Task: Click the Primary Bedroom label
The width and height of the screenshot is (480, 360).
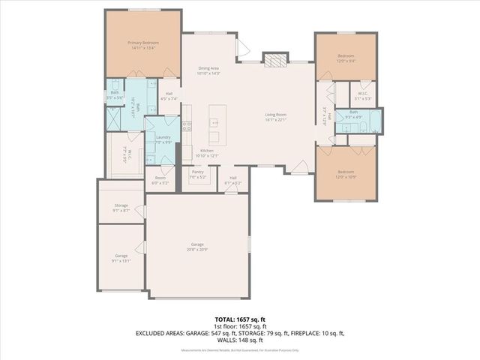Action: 141,43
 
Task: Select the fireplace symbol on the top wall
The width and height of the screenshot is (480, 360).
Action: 275,61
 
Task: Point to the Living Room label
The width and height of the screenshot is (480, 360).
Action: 276,115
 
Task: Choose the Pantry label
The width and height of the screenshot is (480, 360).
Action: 197,172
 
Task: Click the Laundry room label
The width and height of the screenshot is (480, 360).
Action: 163,136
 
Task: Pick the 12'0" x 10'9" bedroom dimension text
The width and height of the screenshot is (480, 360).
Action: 345,177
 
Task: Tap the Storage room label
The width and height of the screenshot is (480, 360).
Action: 121,205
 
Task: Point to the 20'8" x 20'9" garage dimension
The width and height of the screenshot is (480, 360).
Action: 197,249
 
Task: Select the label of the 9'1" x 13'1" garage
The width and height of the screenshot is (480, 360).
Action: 121,256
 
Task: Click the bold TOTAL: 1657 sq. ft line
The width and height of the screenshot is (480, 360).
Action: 240,319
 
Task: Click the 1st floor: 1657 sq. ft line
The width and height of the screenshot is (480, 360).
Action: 240,325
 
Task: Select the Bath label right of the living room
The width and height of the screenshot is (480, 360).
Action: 353,112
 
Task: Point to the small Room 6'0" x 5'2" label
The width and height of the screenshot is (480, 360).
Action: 160,178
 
